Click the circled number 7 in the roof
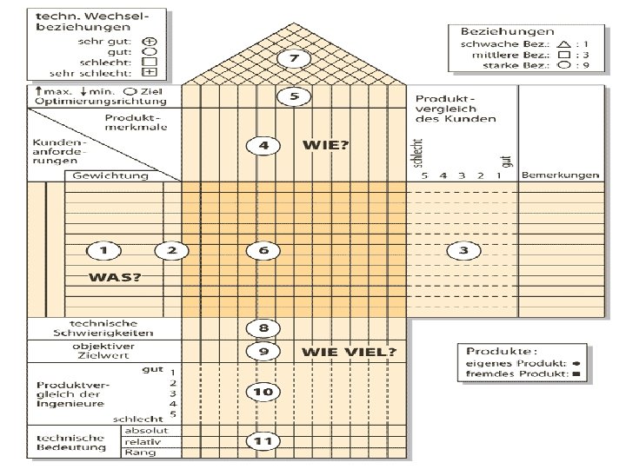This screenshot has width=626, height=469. pos(294,59)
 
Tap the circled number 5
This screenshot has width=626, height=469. pos(294,96)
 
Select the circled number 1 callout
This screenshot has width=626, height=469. pos(103,251)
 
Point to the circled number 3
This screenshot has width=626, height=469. pos(463,251)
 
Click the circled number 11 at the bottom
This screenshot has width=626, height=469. pos(263,442)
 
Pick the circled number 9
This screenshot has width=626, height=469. pos(263,352)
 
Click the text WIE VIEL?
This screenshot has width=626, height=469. pos(349,352)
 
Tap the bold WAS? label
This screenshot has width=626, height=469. pos(114,277)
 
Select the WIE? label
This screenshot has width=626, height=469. pos(326,145)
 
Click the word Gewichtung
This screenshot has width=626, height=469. pos(110,175)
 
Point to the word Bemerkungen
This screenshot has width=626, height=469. pos(557,175)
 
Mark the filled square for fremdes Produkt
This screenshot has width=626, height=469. pos(576,374)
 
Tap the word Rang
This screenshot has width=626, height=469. pos(135,452)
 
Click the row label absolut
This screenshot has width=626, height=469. pos(141,431)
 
